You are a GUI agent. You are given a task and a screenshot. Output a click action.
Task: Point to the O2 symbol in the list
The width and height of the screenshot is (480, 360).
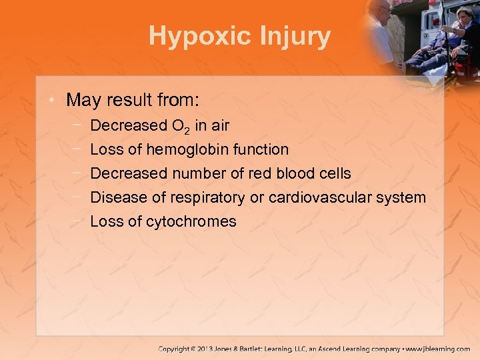[182, 126]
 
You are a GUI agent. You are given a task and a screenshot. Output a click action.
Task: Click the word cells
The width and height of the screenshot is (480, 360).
[333, 173]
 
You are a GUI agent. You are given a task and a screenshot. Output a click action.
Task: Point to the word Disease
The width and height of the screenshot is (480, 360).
[114, 197]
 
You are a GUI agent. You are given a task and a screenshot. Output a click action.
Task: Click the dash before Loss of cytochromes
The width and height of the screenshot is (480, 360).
[79, 221]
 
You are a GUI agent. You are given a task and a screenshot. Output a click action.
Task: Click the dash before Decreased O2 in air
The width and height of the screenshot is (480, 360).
[79, 125]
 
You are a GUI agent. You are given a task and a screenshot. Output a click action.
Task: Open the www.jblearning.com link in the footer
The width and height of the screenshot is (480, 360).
[438, 349]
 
